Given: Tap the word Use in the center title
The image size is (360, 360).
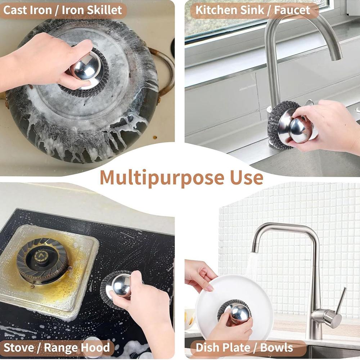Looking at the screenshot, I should [x=245, y=178].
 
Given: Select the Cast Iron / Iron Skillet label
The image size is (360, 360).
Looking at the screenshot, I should [x=63, y=10].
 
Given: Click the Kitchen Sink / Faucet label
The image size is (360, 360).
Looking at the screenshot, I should [x=253, y=10].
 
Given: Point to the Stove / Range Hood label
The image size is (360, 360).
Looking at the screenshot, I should [x=57, y=348].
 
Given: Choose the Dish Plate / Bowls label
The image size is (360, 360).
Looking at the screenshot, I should [x=244, y=348].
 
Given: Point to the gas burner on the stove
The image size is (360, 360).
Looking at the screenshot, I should [x=42, y=260].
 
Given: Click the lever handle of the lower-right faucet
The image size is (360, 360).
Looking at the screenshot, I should [x=340, y=301].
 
